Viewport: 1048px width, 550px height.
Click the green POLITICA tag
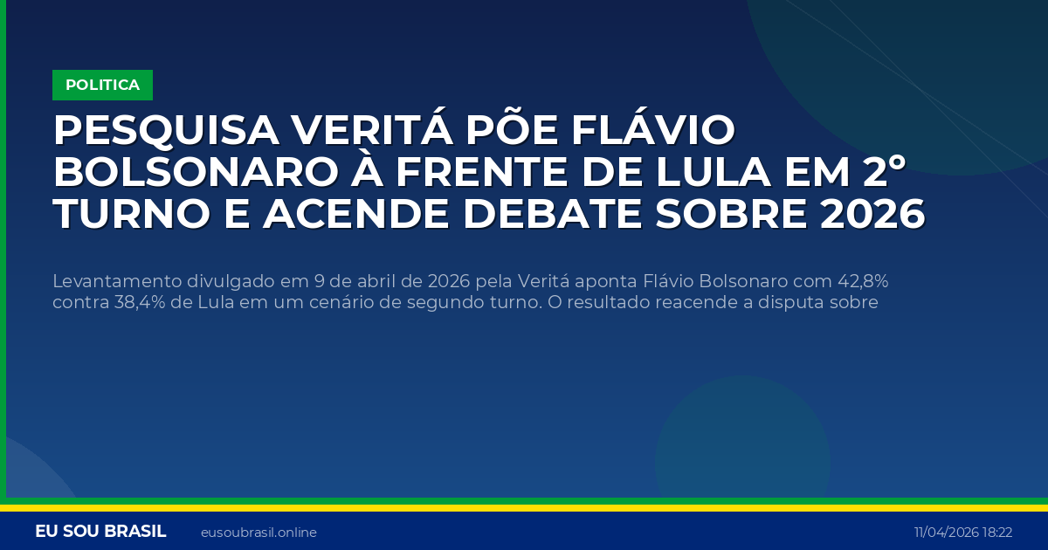click(x=102, y=85)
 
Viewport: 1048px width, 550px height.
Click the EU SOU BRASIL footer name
click(x=100, y=532)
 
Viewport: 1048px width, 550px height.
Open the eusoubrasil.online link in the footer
click(x=259, y=533)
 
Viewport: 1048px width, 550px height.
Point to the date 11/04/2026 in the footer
click(x=946, y=533)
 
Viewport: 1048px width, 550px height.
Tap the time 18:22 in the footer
click(x=997, y=533)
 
